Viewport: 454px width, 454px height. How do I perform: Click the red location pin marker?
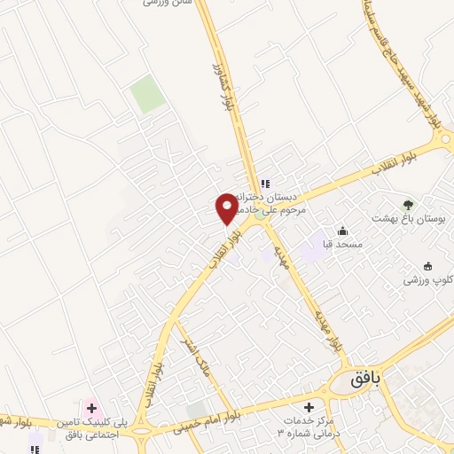click(x=227, y=207)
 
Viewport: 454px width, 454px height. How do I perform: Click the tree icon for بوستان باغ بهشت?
click(x=408, y=204)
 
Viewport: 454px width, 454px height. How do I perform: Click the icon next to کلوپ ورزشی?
click(x=428, y=266)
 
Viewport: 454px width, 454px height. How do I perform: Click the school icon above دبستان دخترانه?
click(x=264, y=184)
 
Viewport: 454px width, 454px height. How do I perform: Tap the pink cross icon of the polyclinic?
click(x=91, y=407)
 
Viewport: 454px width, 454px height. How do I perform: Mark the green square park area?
click(x=148, y=94)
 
